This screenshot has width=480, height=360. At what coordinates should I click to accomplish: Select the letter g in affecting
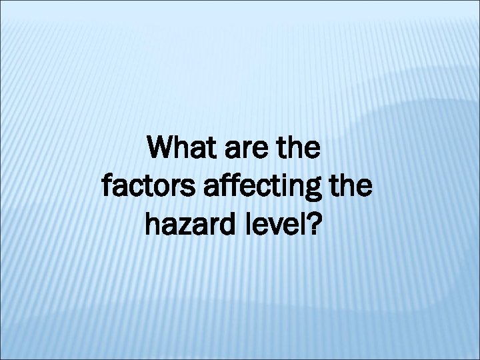coord(319,193)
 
